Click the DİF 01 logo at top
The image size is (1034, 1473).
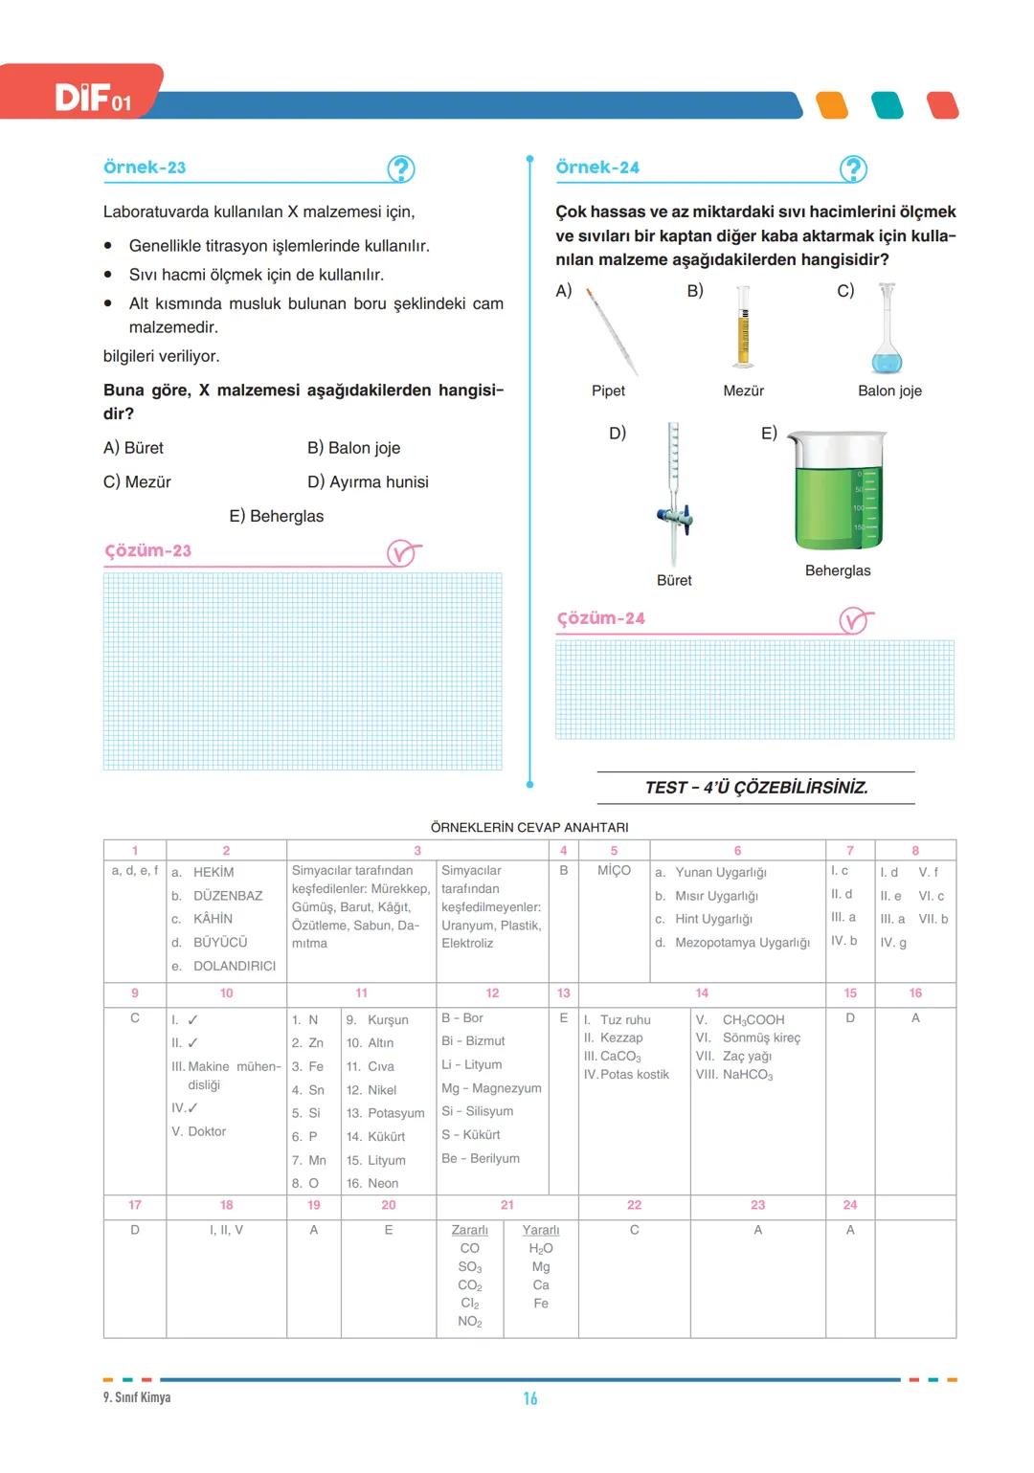coord(93,97)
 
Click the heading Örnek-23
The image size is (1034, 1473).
coord(145,167)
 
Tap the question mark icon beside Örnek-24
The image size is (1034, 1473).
coord(852,169)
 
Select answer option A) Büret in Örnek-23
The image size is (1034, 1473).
coord(134,448)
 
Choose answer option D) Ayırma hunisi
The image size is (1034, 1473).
coord(368,482)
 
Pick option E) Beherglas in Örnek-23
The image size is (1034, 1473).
coord(277,517)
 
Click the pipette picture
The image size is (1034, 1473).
coord(612,331)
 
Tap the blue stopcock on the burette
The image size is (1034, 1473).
coord(675,518)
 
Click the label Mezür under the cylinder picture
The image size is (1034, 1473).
coord(744,391)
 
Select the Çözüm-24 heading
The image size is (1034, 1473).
coord(601,619)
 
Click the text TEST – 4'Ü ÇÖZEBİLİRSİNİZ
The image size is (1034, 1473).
coord(756,788)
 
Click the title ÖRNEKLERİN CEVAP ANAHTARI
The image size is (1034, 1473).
coord(529,828)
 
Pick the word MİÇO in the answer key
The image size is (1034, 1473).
coord(614,871)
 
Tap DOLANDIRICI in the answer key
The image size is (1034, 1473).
coord(235,967)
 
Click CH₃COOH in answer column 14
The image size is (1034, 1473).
coord(753,1020)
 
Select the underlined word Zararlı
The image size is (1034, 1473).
coord(470,1231)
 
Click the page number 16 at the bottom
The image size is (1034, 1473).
coord(530,1399)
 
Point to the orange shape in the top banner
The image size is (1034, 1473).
coord(833,105)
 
